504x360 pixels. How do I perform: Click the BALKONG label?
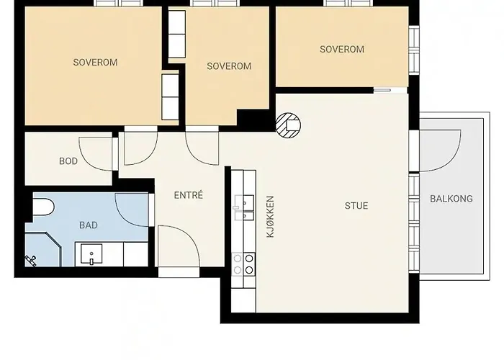(451, 199)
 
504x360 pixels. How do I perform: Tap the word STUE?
(356, 206)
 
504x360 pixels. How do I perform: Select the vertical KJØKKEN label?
(270, 217)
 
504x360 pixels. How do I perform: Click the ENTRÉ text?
(189, 195)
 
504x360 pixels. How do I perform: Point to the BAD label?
(89, 225)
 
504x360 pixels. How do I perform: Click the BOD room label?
(68, 161)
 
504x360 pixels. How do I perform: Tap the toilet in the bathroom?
(43, 207)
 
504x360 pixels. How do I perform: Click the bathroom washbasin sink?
(91, 254)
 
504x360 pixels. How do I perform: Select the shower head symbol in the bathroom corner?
(31, 261)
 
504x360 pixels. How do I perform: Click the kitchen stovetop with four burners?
(243, 264)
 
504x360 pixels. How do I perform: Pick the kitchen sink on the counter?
(244, 207)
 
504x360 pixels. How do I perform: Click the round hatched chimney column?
(288, 125)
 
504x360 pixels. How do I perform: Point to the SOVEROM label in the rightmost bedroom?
(342, 49)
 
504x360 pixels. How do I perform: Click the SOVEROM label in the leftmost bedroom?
(95, 63)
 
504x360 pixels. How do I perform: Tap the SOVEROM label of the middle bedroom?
(229, 66)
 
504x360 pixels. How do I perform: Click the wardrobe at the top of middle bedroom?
(177, 35)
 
